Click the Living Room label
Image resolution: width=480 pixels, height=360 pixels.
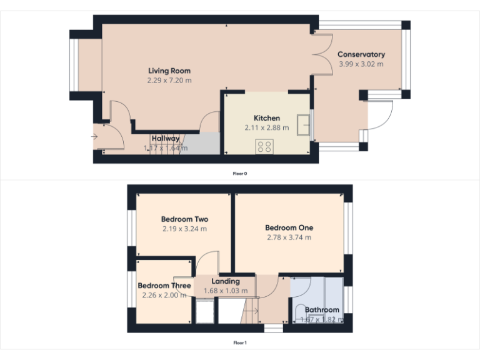169,71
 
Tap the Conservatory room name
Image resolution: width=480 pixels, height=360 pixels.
361,54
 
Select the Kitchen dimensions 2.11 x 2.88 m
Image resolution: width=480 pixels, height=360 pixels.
267,127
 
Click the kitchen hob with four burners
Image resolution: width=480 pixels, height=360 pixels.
264,147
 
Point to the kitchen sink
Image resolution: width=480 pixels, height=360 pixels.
305,125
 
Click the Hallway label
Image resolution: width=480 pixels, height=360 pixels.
166,138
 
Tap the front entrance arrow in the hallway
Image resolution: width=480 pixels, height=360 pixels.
94,135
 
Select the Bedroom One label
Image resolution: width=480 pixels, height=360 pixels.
289,227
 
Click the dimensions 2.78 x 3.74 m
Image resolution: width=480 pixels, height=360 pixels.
289,237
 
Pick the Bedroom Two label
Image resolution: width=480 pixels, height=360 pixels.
184,219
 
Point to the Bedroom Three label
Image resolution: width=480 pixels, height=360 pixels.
164,286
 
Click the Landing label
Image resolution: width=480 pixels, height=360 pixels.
226,281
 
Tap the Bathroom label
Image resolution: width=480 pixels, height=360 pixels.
322,309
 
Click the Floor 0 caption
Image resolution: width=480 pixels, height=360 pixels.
240,173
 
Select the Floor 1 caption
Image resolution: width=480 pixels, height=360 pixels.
240,342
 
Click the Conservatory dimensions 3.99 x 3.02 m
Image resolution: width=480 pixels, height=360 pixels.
361,64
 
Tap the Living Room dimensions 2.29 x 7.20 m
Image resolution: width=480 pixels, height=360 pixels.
169,81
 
